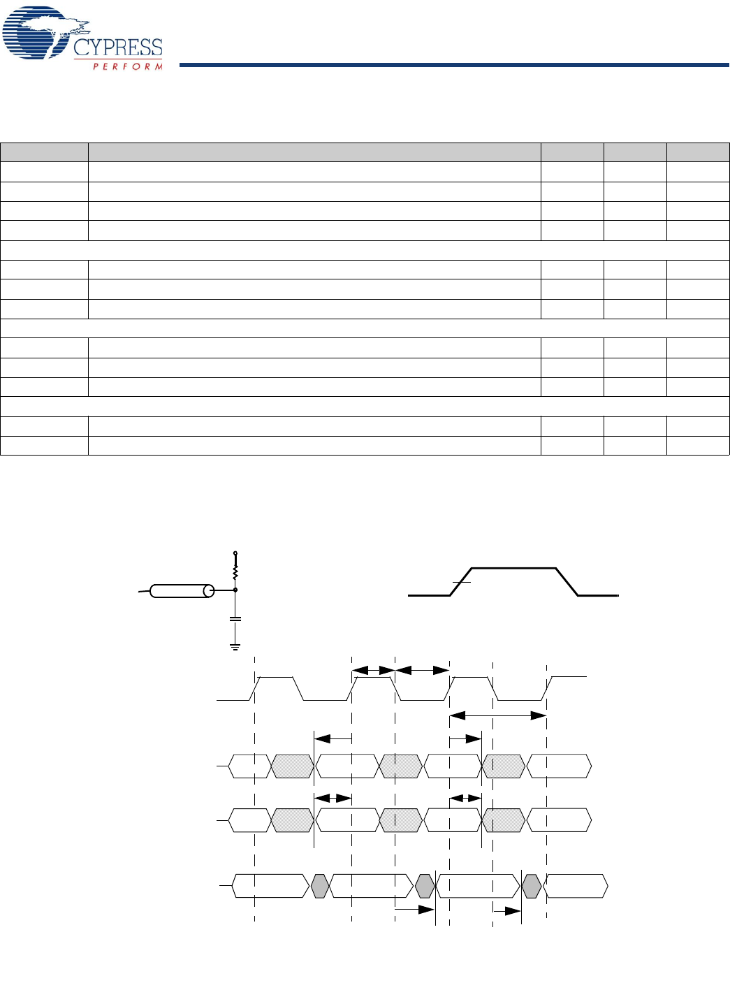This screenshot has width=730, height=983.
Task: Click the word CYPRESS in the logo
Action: [117, 48]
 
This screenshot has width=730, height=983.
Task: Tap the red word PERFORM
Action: [128, 66]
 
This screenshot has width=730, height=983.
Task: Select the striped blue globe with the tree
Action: [35, 34]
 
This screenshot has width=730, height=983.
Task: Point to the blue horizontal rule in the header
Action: [454, 65]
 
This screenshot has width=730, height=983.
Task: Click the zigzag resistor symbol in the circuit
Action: [235, 573]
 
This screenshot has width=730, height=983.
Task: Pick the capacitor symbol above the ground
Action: [235, 618]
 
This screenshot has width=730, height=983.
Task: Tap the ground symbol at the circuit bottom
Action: [235, 647]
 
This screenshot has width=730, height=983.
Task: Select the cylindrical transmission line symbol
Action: [182, 591]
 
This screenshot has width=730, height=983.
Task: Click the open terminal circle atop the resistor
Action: [235, 553]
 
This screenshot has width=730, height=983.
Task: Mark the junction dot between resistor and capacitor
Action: [235, 590]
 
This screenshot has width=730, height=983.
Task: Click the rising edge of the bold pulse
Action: [461, 582]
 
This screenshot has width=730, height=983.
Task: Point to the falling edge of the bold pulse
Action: [567, 582]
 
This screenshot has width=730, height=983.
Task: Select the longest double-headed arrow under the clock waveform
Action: [497, 715]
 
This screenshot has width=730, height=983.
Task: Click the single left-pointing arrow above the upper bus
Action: [333, 738]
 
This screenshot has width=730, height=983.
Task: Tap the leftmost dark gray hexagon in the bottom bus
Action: [320, 886]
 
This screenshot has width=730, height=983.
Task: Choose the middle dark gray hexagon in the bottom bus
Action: [425, 886]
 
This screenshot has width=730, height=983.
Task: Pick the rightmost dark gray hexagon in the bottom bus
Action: [532, 886]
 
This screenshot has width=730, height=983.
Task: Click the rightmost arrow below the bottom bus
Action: [506, 911]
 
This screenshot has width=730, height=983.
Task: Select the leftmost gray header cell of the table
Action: [44, 152]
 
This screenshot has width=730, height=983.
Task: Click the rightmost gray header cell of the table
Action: [698, 152]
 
